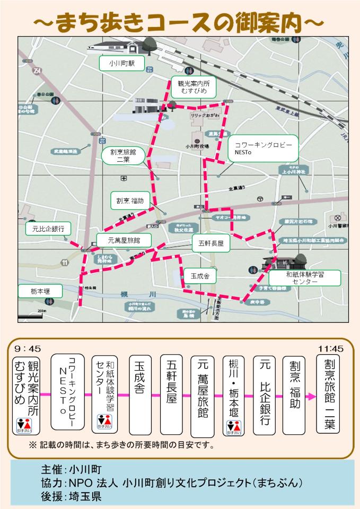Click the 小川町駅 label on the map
122,63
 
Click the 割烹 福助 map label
130,201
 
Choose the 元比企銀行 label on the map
48,229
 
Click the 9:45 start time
28,349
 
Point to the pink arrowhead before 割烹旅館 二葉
311,395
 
